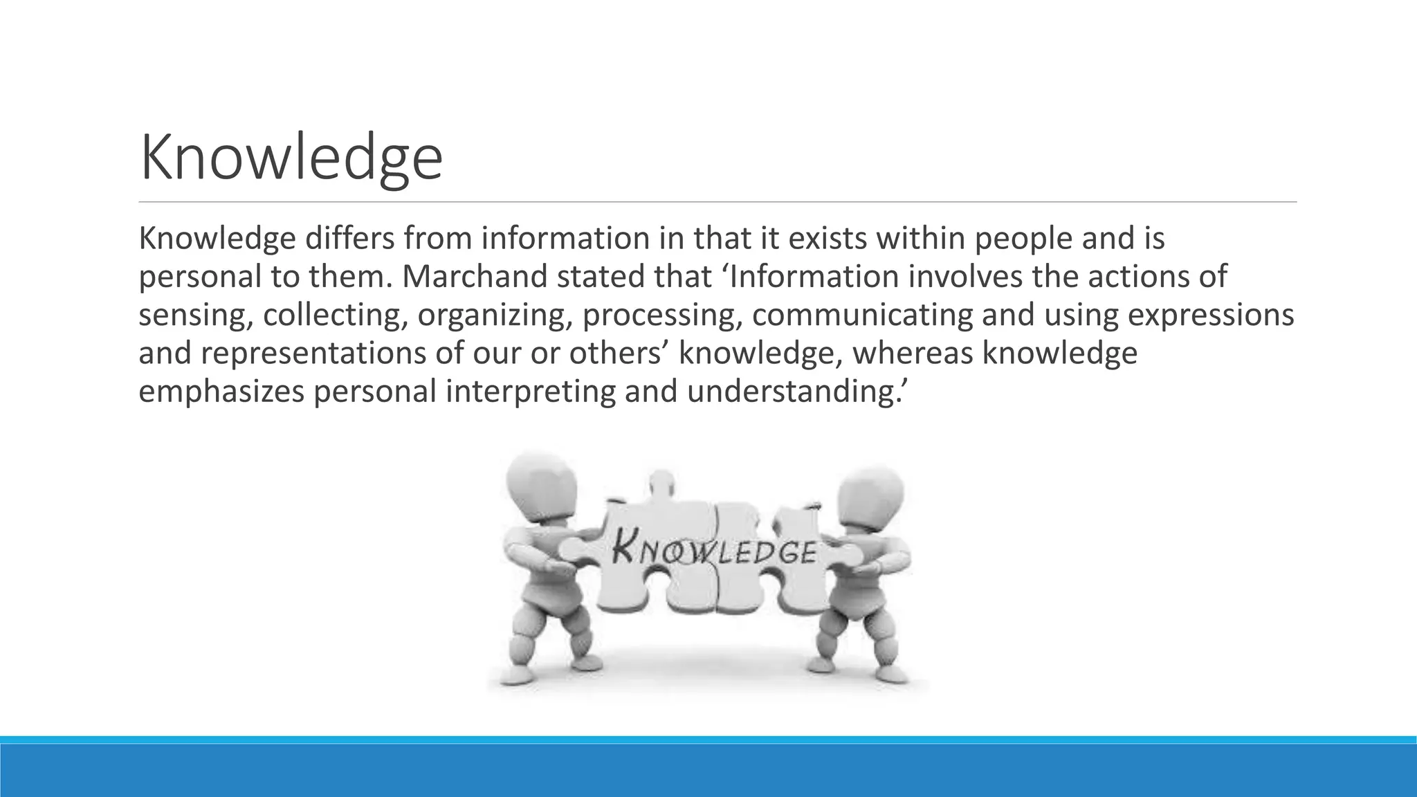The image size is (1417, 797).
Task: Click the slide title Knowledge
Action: coord(291,159)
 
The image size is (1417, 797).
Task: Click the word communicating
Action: coord(861,315)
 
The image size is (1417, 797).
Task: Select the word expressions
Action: coord(1211,315)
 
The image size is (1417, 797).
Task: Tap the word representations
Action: coord(315,354)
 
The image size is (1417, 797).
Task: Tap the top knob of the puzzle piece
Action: coord(662,481)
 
